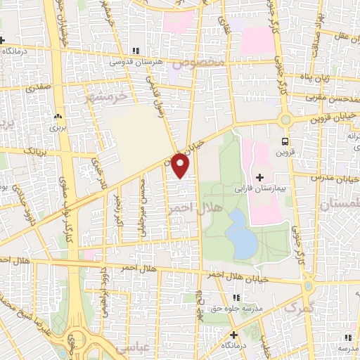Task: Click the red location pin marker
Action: coord(181,165)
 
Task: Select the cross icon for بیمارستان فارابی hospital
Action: coord(260,176)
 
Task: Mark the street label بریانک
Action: coord(33,150)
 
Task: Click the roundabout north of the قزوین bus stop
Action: coord(286,120)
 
